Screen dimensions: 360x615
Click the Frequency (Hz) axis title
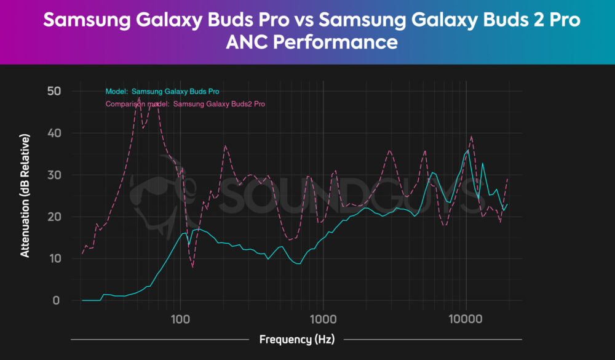coord(296,339)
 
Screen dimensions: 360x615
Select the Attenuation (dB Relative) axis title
coord(25,194)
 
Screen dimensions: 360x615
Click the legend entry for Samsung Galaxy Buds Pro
coord(162,92)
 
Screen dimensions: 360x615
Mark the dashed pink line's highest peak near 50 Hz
coord(139,97)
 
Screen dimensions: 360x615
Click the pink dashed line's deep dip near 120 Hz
coord(192,267)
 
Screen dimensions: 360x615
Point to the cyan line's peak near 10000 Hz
coord(468,150)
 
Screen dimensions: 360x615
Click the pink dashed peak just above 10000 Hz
coord(472,137)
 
